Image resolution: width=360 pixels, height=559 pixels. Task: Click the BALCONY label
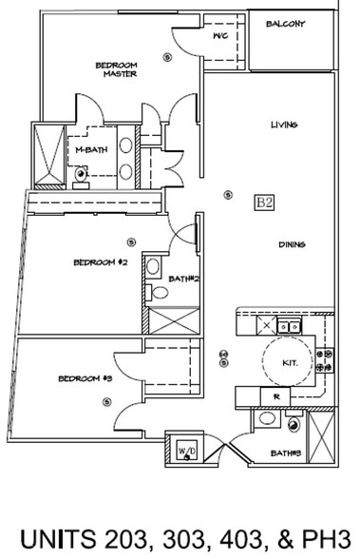coord(285,25)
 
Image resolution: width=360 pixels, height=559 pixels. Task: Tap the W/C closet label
coord(220,37)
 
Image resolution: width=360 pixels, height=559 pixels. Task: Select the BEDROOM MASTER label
coord(118,69)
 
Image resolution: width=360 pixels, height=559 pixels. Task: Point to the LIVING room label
coord(285,125)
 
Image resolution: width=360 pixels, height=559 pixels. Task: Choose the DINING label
coord(292,245)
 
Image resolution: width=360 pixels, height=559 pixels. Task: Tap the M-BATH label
coord(90,150)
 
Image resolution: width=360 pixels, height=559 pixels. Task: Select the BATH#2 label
coord(183,279)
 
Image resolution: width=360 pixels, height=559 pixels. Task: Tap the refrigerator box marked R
coord(275,396)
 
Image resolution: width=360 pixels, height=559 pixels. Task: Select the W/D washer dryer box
coord(186,448)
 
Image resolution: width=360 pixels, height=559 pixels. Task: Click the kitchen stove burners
coord(327,359)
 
